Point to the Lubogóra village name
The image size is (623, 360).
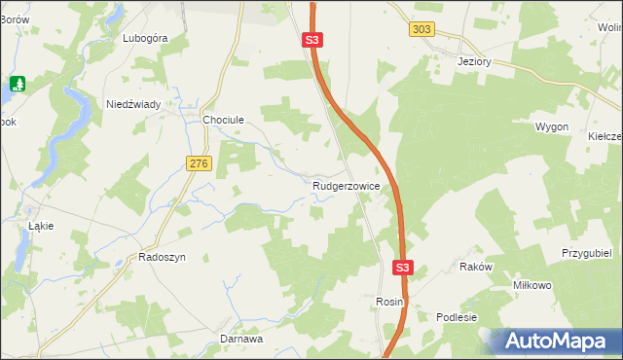146,39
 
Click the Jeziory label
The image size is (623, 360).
477,60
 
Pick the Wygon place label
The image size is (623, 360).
551,127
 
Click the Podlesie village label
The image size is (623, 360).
457,317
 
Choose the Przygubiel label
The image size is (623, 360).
585,253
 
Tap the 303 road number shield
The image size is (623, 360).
421,30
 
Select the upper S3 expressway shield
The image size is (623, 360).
311,40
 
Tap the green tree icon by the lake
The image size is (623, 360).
17,84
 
